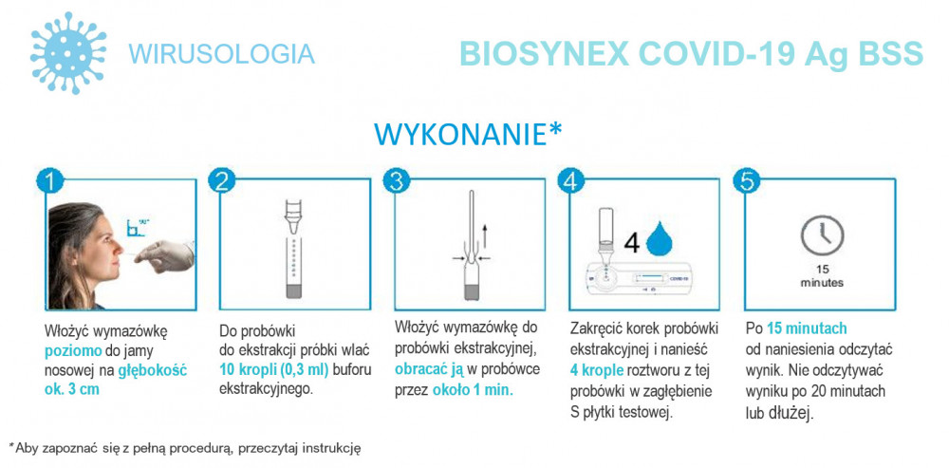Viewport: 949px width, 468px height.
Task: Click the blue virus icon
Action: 68,53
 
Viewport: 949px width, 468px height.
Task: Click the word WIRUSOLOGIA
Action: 221,54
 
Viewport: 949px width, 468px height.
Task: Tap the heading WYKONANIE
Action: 460,135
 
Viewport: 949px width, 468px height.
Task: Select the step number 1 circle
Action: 50,181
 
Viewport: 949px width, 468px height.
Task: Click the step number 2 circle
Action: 223,181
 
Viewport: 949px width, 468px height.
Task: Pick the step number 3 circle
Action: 397,181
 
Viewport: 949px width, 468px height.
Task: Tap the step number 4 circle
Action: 571,181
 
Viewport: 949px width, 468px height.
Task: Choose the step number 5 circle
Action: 746,181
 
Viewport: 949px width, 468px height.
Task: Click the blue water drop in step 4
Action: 660,240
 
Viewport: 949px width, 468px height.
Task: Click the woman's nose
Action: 118,247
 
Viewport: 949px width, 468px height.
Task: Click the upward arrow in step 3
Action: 485,235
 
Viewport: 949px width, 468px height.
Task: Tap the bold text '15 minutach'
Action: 807,328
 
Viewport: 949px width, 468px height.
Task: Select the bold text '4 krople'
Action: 597,370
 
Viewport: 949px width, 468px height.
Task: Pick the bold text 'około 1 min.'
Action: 473,390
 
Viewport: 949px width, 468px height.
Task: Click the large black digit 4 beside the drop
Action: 631,242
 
